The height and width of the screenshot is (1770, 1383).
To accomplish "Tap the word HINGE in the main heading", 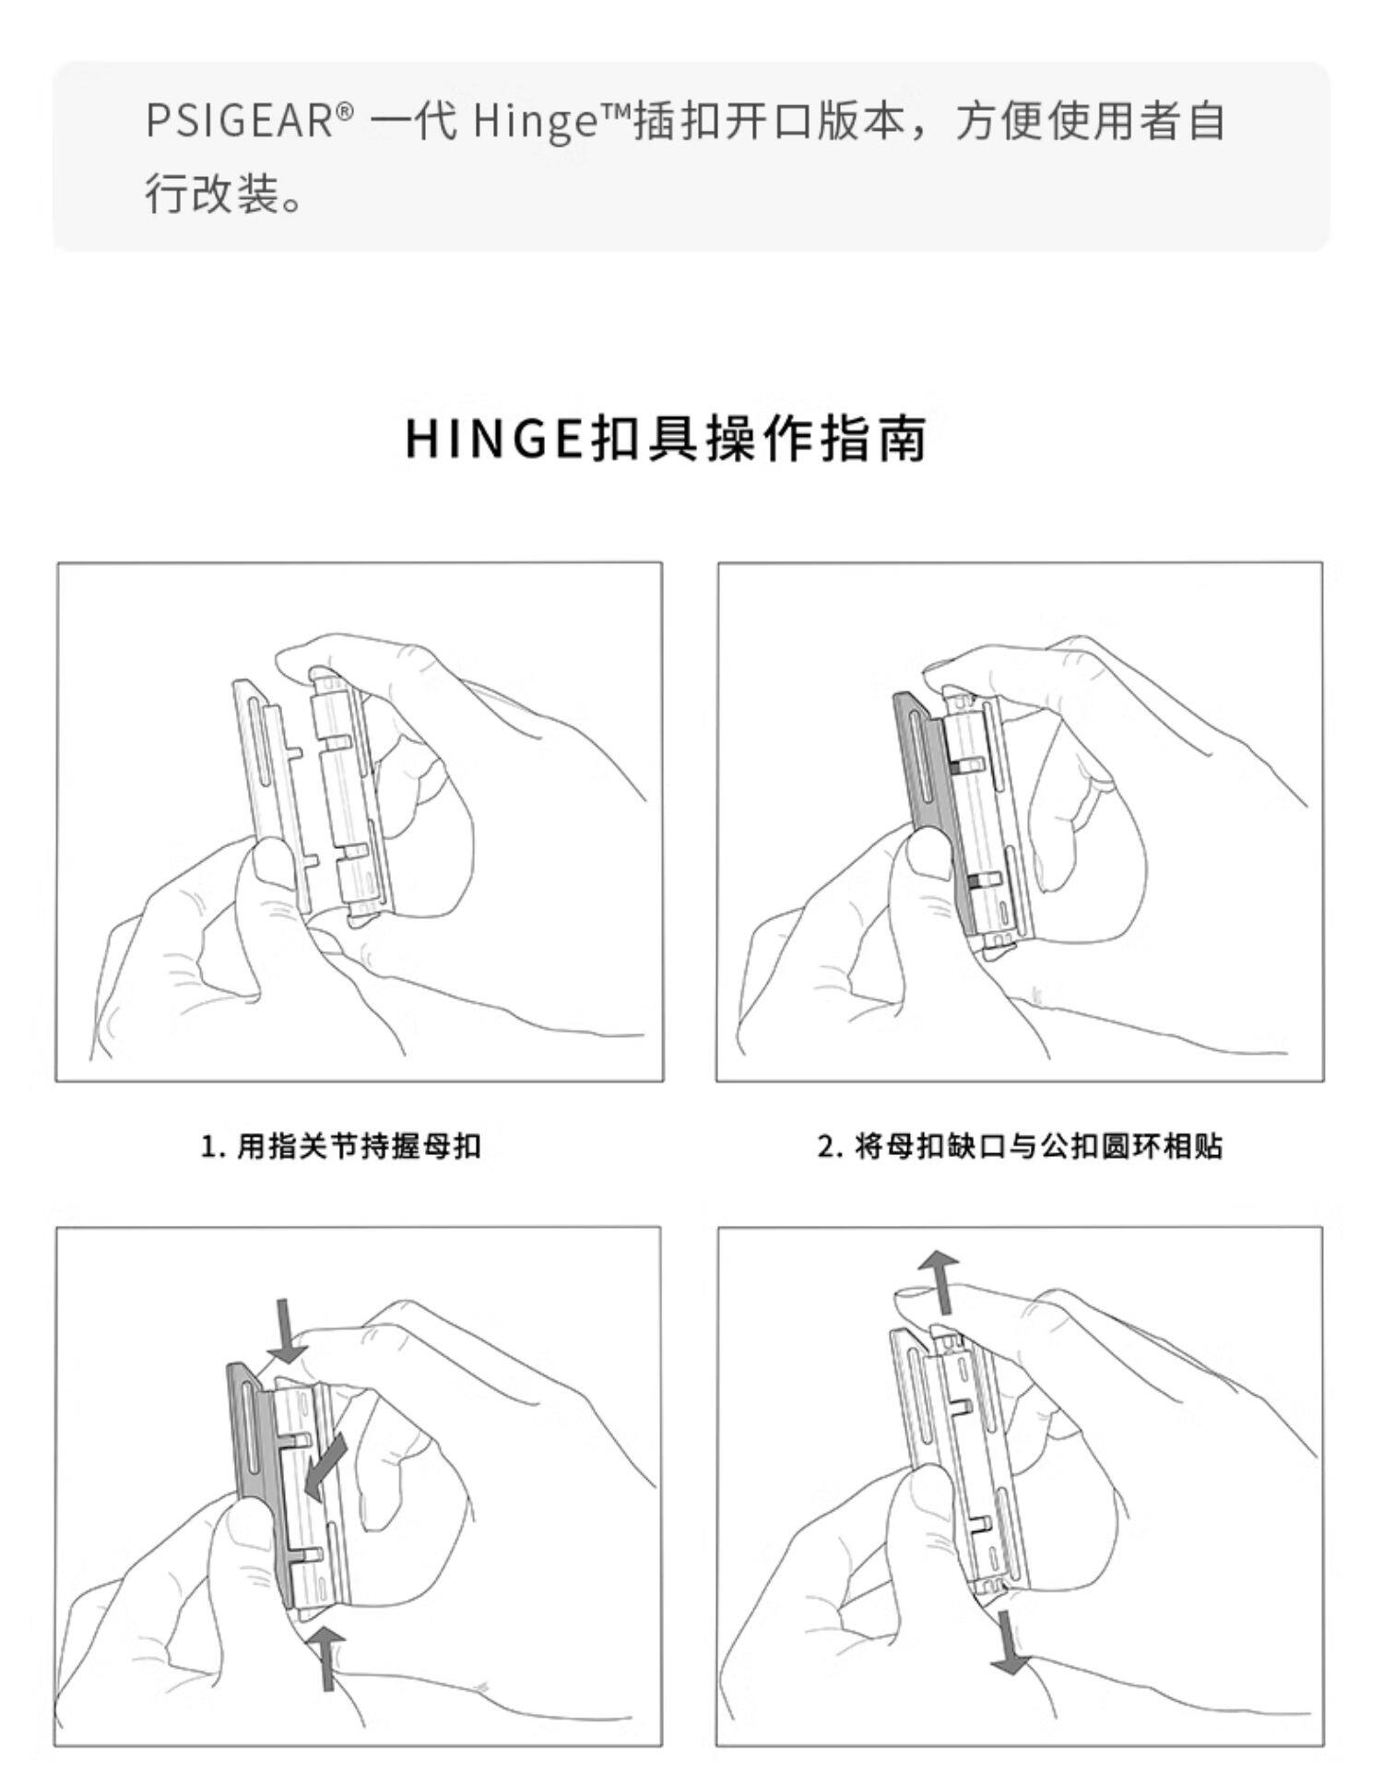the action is (x=495, y=440).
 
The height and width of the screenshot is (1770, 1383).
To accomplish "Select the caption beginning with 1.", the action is (x=341, y=1146).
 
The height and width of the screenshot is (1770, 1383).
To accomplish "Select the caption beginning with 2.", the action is (x=1020, y=1146).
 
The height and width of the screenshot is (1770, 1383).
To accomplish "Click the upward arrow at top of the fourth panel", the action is (x=942, y=1282).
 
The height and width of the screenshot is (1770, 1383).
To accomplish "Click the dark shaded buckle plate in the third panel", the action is (x=254, y=1475).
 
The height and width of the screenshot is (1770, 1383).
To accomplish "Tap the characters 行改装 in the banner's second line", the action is (x=214, y=195).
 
